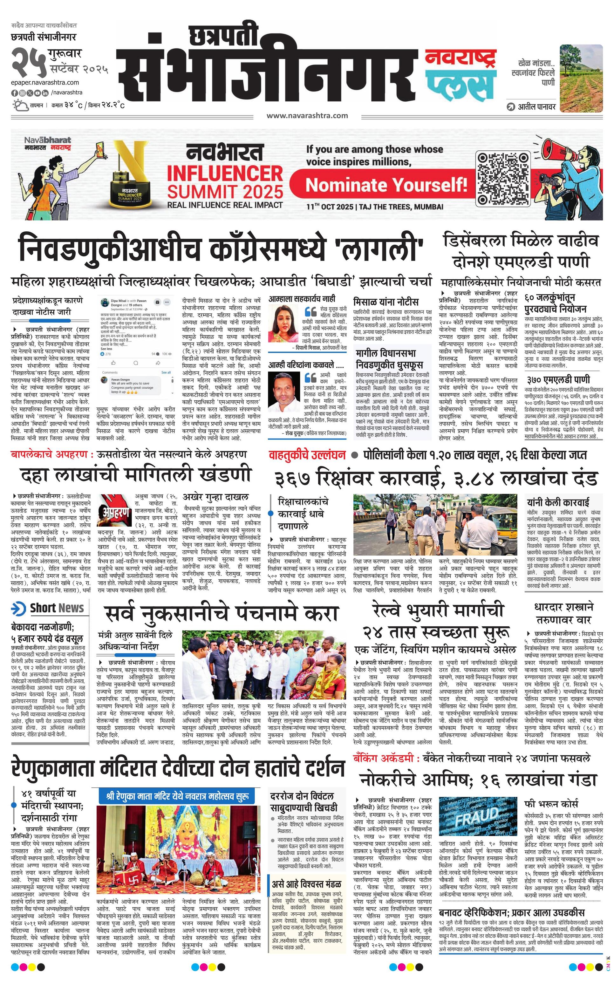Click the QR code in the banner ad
tap(503, 178)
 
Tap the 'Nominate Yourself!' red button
tap(386, 185)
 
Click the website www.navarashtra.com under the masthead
tap(307, 116)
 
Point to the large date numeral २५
tap(28, 63)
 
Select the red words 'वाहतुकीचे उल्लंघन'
tap(307, 455)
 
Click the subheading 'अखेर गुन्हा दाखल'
tap(215, 497)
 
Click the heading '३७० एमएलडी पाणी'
tap(558, 380)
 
